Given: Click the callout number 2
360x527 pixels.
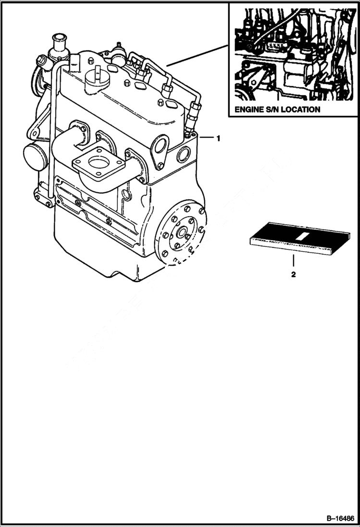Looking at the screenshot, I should click(x=293, y=275).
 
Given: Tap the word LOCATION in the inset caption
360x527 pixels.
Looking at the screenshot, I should click(x=300, y=110).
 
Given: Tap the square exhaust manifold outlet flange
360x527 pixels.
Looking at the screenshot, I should click(x=99, y=163).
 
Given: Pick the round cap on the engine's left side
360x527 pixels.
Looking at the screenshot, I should click(x=34, y=155).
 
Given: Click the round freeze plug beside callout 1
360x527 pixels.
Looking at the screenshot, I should click(x=183, y=155).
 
